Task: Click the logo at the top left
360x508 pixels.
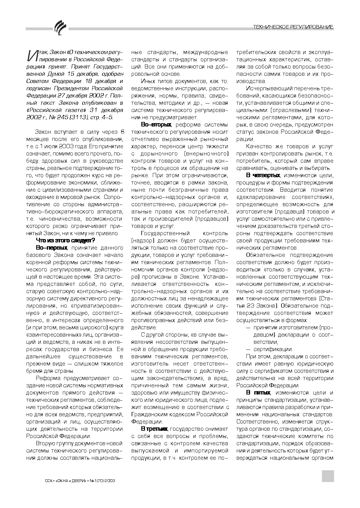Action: coord(59,27)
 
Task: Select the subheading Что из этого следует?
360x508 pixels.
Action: coord(66,240)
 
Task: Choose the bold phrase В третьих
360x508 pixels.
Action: coord(154,429)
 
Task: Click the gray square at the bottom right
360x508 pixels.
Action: coord(328,476)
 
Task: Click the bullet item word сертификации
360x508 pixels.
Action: coord(273,349)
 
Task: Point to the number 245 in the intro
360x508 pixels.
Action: coord(65,117)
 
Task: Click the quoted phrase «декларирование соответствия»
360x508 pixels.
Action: coord(285,197)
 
